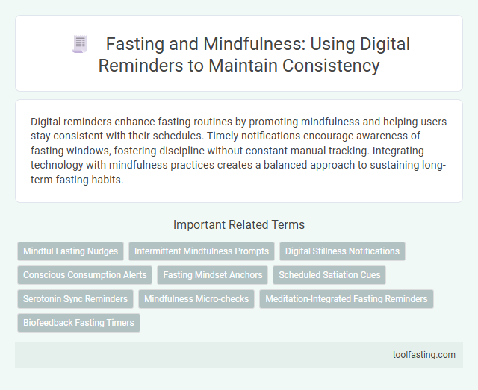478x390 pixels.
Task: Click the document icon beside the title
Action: click(80, 45)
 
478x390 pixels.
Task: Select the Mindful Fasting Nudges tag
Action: click(70, 251)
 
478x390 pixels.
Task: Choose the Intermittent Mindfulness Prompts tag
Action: click(202, 251)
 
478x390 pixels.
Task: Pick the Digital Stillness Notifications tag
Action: click(343, 251)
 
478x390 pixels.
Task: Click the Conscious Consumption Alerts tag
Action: click(84, 275)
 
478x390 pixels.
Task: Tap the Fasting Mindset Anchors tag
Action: click(213, 275)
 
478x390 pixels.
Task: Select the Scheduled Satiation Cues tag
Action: click(329, 275)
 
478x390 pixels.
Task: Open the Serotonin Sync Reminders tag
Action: click(75, 299)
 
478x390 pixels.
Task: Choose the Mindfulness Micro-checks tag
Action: click(196, 299)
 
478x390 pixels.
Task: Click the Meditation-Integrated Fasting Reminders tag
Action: click(347, 299)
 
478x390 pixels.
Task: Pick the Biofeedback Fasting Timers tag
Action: click(78, 323)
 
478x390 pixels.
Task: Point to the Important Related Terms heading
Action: click(239, 224)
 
